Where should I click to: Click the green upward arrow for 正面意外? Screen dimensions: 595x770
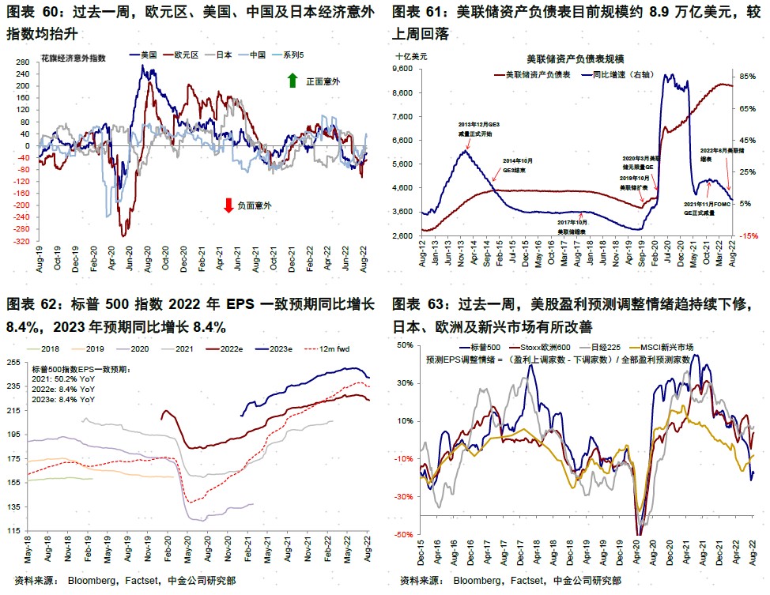coord(292,81)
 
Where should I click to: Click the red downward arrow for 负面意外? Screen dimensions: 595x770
coord(228,205)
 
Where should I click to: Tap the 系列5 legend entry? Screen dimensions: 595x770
coord(294,55)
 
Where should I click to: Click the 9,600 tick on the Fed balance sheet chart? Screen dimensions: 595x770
coord(403,69)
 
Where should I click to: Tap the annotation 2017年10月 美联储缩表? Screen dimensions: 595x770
coord(571,228)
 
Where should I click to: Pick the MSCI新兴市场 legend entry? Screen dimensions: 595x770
coord(667,347)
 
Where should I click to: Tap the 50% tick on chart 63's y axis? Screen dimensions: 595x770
coord(404,345)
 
